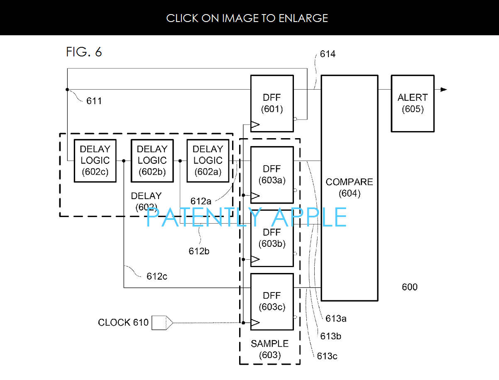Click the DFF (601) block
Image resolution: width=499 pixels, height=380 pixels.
[272, 103]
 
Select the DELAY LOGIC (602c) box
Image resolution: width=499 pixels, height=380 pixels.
[95, 161]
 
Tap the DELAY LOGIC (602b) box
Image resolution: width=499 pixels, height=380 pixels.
[152, 161]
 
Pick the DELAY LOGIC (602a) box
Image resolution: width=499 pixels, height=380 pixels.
[208, 161]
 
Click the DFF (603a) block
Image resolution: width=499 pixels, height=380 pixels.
[272, 175]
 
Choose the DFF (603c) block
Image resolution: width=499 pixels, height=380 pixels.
[272, 302]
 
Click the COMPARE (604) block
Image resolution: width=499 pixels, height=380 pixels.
[349, 188]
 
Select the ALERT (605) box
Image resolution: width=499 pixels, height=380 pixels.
[412, 103]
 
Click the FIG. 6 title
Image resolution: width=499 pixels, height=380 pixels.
[84, 52]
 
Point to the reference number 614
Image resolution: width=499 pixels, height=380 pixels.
[328, 54]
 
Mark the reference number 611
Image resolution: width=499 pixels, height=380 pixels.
[94, 101]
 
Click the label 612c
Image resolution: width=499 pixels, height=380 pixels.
[157, 276]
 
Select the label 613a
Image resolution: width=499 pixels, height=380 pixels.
[336, 319]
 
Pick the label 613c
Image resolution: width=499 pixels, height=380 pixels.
[327, 356]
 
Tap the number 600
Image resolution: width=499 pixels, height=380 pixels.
[409, 287]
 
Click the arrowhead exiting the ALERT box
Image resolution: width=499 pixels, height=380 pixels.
[444, 89]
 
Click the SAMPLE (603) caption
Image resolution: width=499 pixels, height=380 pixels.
[269, 349]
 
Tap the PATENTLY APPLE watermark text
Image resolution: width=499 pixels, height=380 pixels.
[247, 217]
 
